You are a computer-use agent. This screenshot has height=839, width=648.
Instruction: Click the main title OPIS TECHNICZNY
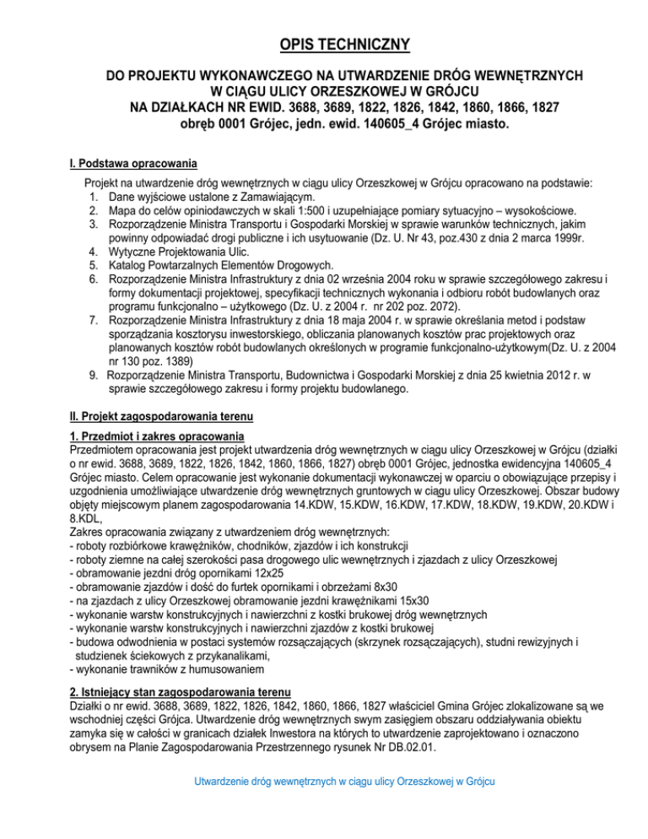click(323, 44)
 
